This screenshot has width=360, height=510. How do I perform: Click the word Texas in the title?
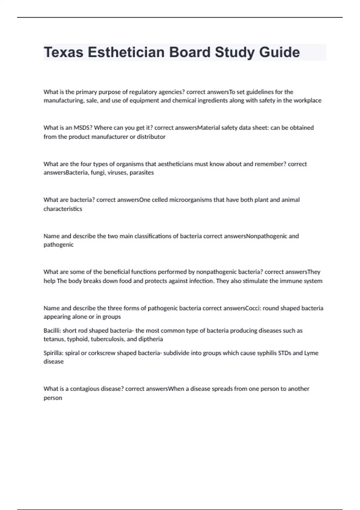coord(63,52)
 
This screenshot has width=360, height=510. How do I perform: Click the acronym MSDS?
coord(83,128)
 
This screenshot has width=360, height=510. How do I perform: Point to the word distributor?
coord(151,137)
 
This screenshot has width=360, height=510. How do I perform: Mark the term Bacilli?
coord(52,331)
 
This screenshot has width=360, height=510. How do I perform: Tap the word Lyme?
coord(311,353)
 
